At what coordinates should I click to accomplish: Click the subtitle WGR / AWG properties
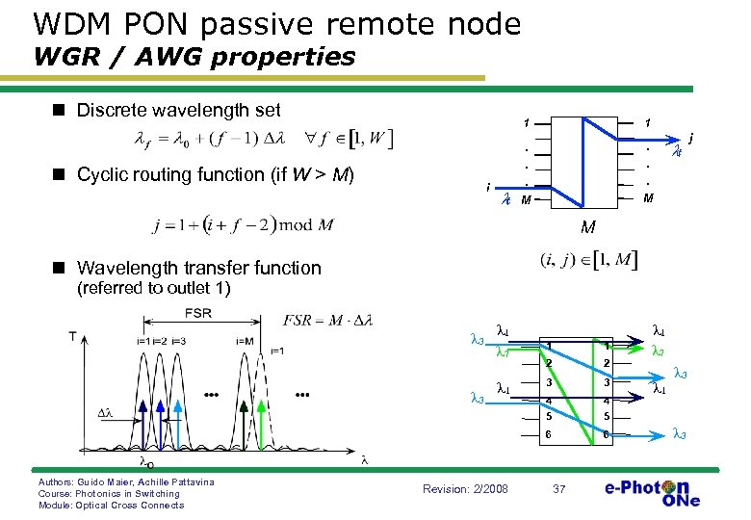[x=194, y=58]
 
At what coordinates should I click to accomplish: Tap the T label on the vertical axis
[x=73, y=336]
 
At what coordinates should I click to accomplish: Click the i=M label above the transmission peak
[x=246, y=341]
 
